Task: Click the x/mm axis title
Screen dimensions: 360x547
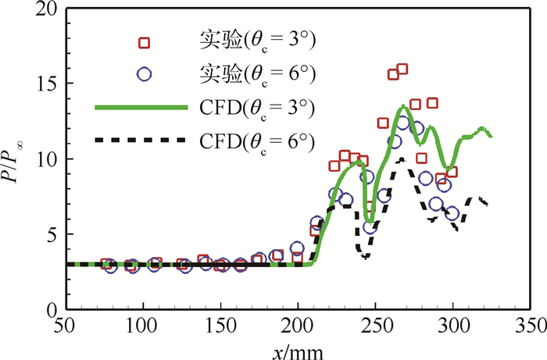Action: click(298, 349)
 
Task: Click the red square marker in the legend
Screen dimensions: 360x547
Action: click(143, 41)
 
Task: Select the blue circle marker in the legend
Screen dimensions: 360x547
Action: click(143, 74)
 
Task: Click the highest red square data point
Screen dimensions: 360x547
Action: click(402, 70)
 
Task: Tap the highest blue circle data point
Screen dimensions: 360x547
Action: click(403, 122)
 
